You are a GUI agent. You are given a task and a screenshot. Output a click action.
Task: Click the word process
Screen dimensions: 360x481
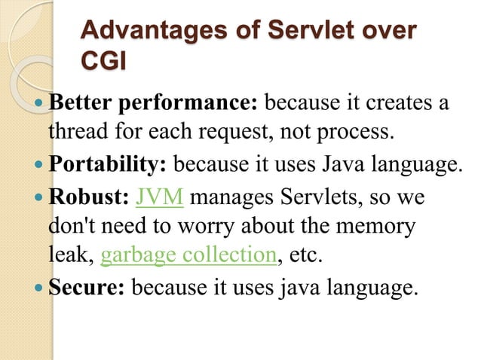pos(355,133)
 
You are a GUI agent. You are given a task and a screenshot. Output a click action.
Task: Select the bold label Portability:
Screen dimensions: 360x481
pos(109,164)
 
